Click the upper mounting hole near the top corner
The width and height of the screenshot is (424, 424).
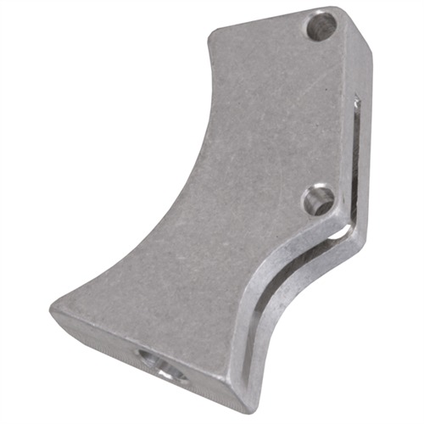click(x=321, y=26)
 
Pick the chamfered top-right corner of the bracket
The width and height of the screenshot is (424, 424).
click(x=360, y=25)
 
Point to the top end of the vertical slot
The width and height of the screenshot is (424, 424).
click(x=357, y=102)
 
